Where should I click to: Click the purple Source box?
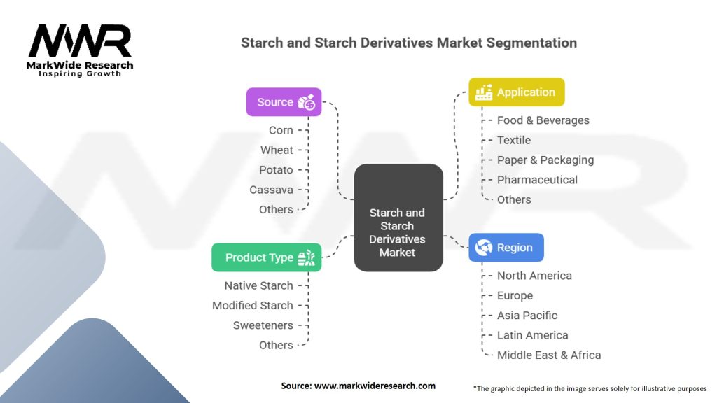[x=284, y=102]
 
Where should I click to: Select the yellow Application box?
[x=516, y=92]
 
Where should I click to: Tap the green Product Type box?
[x=266, y=257]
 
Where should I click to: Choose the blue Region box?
[x=506, y=248]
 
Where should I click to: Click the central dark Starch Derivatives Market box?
[x=398, y=218]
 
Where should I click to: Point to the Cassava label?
[x=271, y=190]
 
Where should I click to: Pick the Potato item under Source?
[x=276, y=170]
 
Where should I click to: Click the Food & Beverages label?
[x=543, y=120]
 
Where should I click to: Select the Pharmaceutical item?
[x=537, y=180]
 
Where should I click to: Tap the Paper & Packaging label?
[x=545, y=160]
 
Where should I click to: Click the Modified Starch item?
[x=253, y=306]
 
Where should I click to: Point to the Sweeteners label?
[x=263, y=325]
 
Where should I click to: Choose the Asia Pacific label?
[x=527, y=316]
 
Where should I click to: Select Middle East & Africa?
[x=548, y=355]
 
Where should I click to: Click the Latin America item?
[x=532, y=335]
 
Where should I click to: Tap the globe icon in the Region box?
[x=484, y=248]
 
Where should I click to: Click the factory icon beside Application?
[x=483, y=92]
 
